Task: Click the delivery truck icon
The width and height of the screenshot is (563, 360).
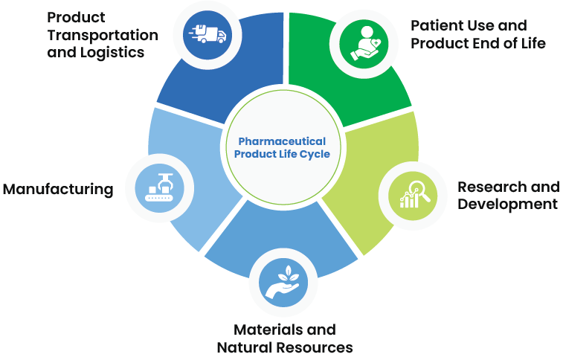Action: click(207, 34)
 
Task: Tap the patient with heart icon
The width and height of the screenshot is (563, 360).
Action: click(364, 43)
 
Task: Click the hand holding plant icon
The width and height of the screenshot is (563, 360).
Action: click(283, 282)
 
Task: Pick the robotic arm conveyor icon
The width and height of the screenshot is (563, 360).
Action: click(159, 187)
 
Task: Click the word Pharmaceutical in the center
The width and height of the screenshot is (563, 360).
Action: click(282, 141)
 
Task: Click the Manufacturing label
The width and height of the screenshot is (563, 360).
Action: click(58, 189)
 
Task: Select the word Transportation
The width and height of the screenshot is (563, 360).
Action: click(103, 35)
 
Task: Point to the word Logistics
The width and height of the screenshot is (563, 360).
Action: click(112, 53)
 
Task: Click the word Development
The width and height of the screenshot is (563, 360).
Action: click(507, 205)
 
